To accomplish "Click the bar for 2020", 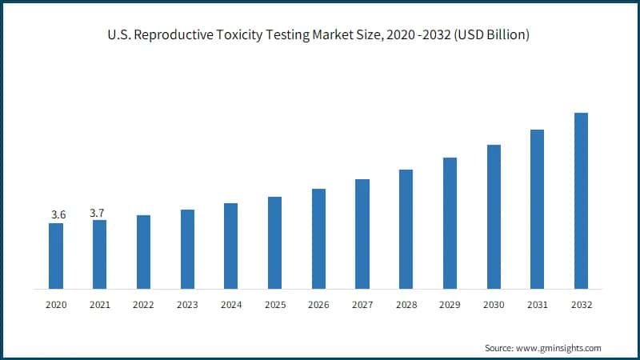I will coord(56,256).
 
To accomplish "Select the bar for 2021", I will coord(100,254).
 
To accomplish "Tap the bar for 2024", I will coord(231,246).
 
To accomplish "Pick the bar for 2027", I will coord(362,234).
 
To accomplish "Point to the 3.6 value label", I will coord(58,215).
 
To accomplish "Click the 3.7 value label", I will coord(97,212).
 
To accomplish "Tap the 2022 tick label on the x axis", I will coord(143,305).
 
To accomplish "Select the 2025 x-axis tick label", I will coord(275,305).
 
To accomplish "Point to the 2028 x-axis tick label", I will coord(406,305).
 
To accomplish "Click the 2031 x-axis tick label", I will coord(538,305).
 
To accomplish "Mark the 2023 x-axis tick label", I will coord(187,305).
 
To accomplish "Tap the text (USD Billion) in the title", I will coord(490,35).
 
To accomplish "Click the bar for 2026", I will coord(318,238).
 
